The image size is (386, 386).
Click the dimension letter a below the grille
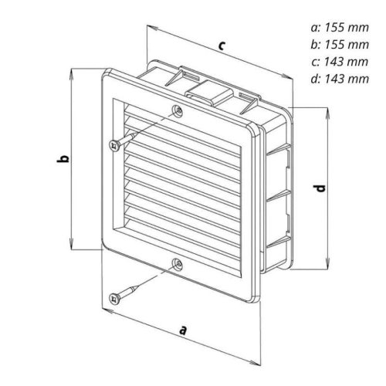(x=182, y=330)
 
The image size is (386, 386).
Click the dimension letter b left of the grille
(x=63, y=159)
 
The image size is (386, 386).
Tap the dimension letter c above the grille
(x=222, y=46)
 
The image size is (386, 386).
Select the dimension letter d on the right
(x=320, y=188)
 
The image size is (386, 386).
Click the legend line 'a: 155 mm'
(x=340, y=28)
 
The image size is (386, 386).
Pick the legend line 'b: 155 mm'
(x=340, y=45)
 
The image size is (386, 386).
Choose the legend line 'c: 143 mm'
(x=340, y=62)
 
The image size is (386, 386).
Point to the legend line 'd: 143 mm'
(x=340, y=79)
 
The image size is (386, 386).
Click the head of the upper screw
(x=114, y=146)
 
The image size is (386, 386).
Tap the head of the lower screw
(x=114, y=299)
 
